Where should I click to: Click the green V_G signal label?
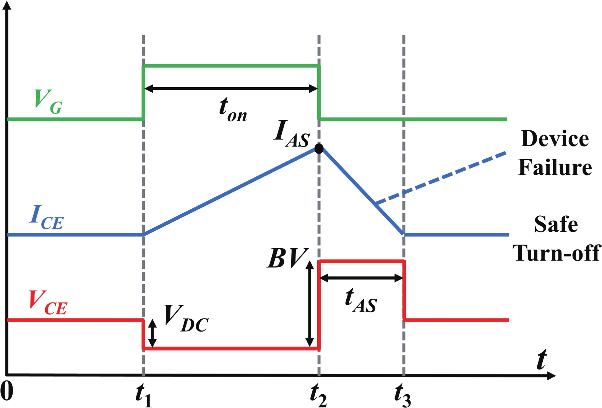(x=48, y=102)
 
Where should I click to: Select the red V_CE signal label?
(x=48, y=303)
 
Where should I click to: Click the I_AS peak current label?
(x=291, y=134)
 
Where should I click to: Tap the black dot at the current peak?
(x=319, y=148)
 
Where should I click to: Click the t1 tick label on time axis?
(x=144, y=395)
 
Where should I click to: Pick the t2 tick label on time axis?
(x=318, y=395)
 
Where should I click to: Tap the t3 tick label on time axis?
(x=403, y=395)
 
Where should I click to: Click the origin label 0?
(x=7, y=391)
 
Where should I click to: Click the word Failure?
(x=555, y=167)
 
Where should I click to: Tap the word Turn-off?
(x=556, y=253)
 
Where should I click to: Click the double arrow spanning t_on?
(x=231, y=89)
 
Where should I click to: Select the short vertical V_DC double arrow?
(x=153, y=333)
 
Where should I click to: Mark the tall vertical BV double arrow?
(x=310, y=304)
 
